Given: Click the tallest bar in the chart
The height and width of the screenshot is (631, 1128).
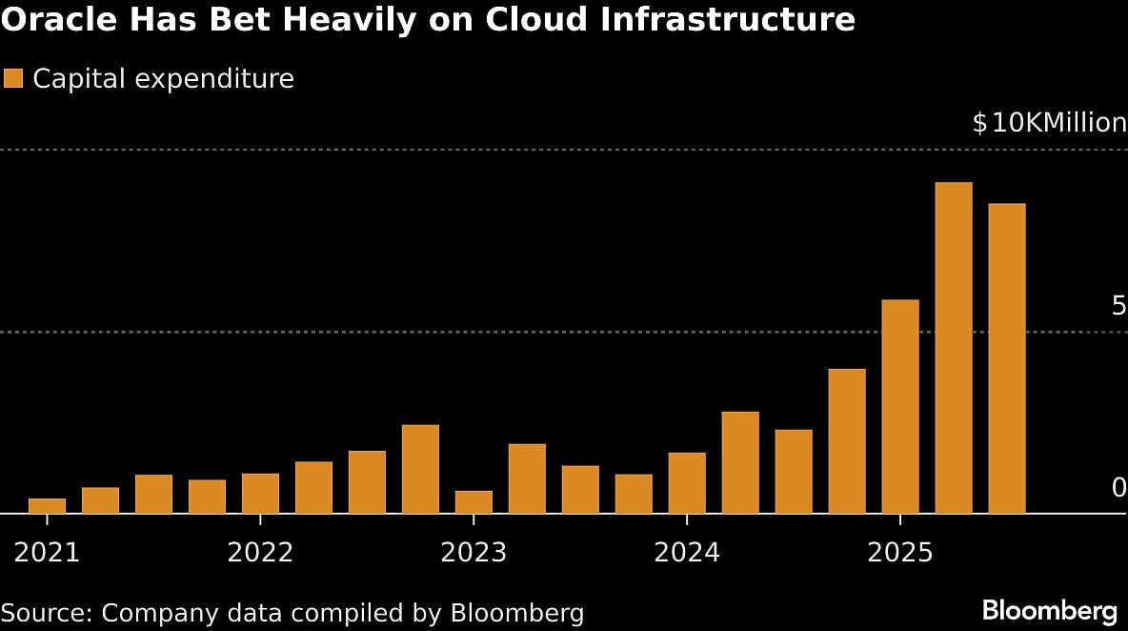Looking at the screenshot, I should click(x=954, y=348).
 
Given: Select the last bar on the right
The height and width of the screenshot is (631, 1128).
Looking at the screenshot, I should click(x=1007, y=358).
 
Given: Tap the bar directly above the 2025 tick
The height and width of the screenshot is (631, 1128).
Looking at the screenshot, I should click(x=900, y=407).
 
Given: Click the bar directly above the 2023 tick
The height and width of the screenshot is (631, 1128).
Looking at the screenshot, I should click(x=473, y=502).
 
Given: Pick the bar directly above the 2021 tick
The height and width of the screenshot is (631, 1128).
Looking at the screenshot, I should click(x=47, y=506).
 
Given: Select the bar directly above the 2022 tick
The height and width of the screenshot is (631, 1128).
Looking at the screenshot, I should click(x=260, y=494).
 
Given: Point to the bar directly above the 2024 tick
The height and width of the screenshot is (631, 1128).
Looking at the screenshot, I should click(x=687, y=483).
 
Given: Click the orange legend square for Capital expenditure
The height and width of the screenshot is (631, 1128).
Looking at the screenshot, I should click(x=13, y=78).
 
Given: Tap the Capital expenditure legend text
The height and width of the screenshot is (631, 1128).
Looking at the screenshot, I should click(x=163, y=78).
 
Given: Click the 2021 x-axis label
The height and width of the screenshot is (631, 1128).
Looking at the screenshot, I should click(x=47, y=554).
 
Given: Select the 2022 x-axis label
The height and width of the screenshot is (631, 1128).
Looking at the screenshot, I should click(x=260, y=554).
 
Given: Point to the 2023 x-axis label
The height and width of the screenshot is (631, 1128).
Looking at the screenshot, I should click(x=473, y=554).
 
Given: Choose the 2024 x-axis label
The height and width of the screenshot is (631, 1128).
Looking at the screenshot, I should click(x=687, y=554).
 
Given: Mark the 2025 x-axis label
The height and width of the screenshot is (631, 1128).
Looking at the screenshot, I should click(x=900, y=554).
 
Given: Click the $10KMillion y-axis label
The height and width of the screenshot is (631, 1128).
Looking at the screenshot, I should click(x=1049, y=123).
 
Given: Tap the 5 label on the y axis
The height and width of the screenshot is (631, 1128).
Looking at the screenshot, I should click(x=1118, y=306).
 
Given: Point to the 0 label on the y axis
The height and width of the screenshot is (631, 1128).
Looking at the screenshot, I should click(x=1118, y=488).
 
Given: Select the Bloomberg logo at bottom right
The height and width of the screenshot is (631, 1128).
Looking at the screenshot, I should click(x=1049, y=610).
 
